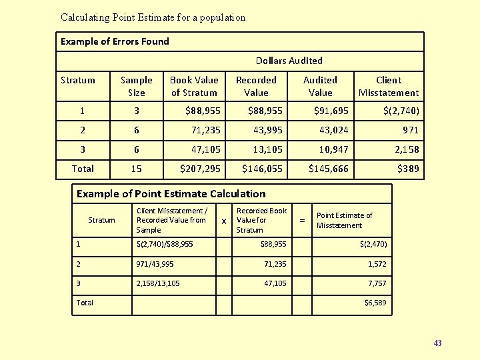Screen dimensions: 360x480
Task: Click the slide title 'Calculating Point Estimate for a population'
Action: point(153,17)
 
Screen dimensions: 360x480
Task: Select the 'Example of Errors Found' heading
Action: point(115,41)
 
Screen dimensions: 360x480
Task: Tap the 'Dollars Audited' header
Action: point(289,61)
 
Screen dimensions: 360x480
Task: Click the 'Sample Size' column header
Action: point(136,86)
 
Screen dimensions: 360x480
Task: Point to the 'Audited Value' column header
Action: point(320,86)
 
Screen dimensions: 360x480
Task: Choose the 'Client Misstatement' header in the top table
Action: point(389,86)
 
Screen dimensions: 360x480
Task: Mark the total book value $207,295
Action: point(200,169)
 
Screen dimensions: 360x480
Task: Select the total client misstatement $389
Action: point(408,169)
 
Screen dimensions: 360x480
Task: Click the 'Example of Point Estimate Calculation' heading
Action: point(171,194)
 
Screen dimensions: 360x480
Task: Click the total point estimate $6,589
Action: point(375,303)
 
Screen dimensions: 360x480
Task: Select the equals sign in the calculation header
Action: point(303,220)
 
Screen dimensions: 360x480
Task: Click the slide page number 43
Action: point(437,343)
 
